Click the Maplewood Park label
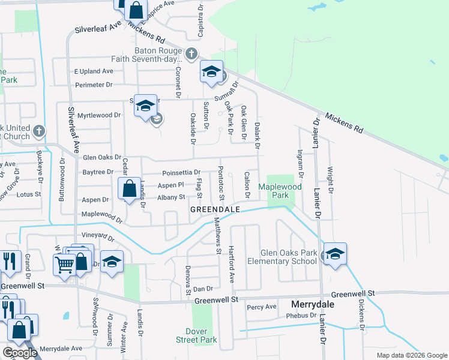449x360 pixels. pyautogui.click(x=279, y=191)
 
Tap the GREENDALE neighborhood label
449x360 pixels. pyautogui.click(x=215, y=209)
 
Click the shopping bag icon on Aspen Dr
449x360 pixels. pyautogui.click(x=129, y=188)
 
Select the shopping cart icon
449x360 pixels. pyautogui.click(x=64, y=263)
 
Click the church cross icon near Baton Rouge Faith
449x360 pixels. pyautogui.click(x=191, y=54)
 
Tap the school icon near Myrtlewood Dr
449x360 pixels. pyautogui.click(x=145, y=106)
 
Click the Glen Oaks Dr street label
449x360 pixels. pyautogui.click(x=103, y=157)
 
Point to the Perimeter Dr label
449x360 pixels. pyautogui.click(x=93, y=85)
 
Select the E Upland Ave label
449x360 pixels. pyautogui.click(x=94, y=71)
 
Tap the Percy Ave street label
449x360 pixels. pyautogui.click(x=261, y=307)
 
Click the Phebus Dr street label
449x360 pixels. pyautogui.click(x=301, y=315)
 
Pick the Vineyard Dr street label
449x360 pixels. pyautogui.click(x=97, y=237)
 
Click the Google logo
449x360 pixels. pyautogui.click(x=20, y=353)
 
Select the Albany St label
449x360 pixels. pyautogui.click(x=171, y=197)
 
